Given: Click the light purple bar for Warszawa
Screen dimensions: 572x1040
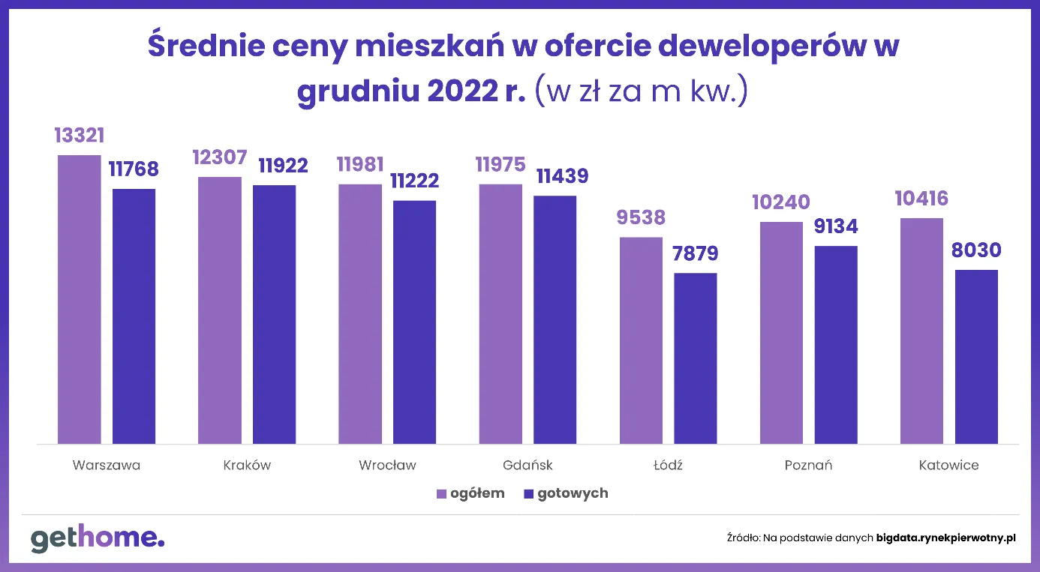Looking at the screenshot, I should pos(79,299).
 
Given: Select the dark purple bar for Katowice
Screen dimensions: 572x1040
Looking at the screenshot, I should pos(976,356).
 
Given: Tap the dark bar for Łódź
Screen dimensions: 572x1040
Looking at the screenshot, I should pos(696,358).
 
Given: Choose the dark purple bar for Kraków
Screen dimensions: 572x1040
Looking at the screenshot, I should pos(274,314).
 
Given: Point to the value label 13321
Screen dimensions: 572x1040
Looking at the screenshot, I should pos(79,136).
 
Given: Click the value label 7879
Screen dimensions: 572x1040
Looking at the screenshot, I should pos(696,253).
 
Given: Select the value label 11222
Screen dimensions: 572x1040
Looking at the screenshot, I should pos(415,181).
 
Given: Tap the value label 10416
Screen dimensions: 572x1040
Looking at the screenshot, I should pos(921,199).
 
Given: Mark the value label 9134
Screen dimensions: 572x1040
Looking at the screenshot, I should pos(836,226).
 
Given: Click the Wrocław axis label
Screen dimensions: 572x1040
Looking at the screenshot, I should pos(387,465).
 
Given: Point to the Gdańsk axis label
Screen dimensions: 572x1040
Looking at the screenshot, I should pos(528,465).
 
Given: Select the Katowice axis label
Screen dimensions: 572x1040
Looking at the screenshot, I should pos(948,465).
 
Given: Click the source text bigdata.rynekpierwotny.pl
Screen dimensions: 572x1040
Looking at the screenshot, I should pos(946,538).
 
